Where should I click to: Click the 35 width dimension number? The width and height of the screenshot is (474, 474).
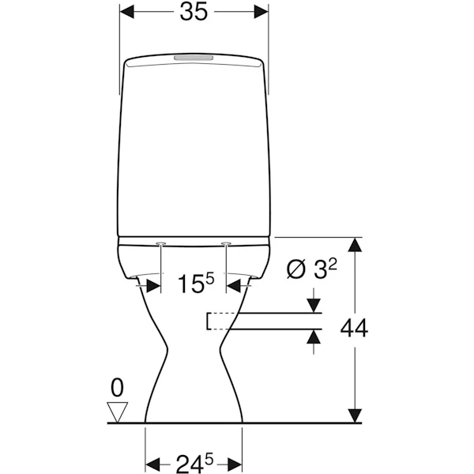coord(194,13)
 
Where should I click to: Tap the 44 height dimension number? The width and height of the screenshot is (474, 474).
coord(354,328)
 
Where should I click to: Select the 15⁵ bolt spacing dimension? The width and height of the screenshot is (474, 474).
coord(196,284)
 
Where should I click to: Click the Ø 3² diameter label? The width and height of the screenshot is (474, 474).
coord(311,269)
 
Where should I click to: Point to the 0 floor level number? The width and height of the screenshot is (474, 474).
coord(117,388)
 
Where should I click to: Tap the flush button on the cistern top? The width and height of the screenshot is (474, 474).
coord(194,58)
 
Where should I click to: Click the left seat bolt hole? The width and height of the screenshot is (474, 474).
coord(160,243)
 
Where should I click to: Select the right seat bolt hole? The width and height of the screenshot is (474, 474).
coord(226,243)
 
